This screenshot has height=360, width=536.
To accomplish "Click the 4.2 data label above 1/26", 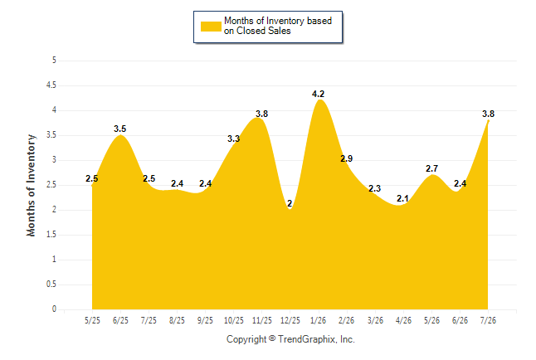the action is click(x=318, y=94).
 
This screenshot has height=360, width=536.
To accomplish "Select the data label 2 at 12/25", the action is click(x=290, y=203).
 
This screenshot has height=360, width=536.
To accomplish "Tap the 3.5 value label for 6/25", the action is click(x=120, y=129).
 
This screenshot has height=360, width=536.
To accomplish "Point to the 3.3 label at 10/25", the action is click(x=233, y=139).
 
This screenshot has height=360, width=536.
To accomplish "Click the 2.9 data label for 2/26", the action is click(x=346, y=158).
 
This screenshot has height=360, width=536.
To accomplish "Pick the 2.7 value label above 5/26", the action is click(x=431, y=168).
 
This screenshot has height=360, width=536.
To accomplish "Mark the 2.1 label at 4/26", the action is click(x=402, y=198).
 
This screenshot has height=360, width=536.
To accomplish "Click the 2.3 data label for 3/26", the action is click(x=375, y=188).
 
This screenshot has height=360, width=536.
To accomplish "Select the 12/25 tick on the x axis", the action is click(x=290, y=320).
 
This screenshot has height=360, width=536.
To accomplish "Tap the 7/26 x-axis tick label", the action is click(x=488, y=320).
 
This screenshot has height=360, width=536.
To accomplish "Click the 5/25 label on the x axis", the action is click(x=92, y=320).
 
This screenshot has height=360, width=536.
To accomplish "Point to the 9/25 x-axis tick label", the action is click(x=205, y=320).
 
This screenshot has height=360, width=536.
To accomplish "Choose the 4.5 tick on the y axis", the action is click(x=51, y=85).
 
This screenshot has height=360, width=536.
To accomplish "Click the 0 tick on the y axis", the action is click(x=54, y=309).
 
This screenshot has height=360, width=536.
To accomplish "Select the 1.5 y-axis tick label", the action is click(x=51, y=235).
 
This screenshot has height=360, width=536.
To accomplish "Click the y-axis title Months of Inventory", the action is click(x=31, y=185).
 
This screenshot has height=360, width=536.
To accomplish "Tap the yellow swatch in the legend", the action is click(x=211, y=27).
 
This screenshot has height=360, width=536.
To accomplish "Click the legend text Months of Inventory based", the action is click(x=278, y=21).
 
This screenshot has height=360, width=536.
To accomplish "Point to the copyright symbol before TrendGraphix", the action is click(x=272, y=338).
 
